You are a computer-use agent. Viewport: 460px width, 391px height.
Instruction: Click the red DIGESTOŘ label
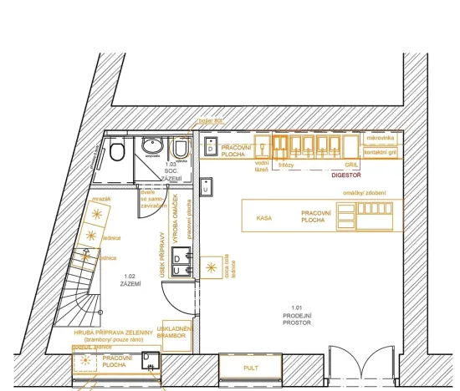[345, 176]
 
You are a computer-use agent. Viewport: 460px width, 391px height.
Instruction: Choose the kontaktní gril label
[381, 152]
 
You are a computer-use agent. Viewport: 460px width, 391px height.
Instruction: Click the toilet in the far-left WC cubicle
[117, 152]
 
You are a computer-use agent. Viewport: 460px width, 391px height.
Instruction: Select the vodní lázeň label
[261, 166]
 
